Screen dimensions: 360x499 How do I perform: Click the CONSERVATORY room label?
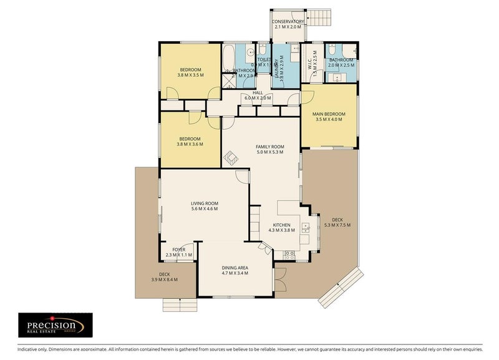pyautogui.click(x=288, y=21)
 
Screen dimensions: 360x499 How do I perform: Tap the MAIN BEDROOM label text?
pyautogui.click(x=329, y=113)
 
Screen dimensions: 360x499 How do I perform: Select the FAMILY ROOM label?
pyautogui.click(x=269, y=147)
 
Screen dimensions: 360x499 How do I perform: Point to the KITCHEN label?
pyautogui.click(x=282, y=225)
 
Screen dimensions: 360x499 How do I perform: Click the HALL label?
pyautogui.click(x=257, y=92)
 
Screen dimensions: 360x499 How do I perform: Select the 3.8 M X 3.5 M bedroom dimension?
pyautogui.click(x=190, y=75)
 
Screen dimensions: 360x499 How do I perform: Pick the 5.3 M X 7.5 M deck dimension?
pyautogui.click(x=337, y=225)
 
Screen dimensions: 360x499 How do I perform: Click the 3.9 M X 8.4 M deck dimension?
pyautogui.click(x=165, y=279)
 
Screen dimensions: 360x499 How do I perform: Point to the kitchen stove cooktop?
pyautogui.click(x=289, y=255)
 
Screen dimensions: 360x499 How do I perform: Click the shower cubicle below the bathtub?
pyautogui.click(x=230, y=79)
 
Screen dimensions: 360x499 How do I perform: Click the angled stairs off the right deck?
pyautogui.click(x=340, y=288)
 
